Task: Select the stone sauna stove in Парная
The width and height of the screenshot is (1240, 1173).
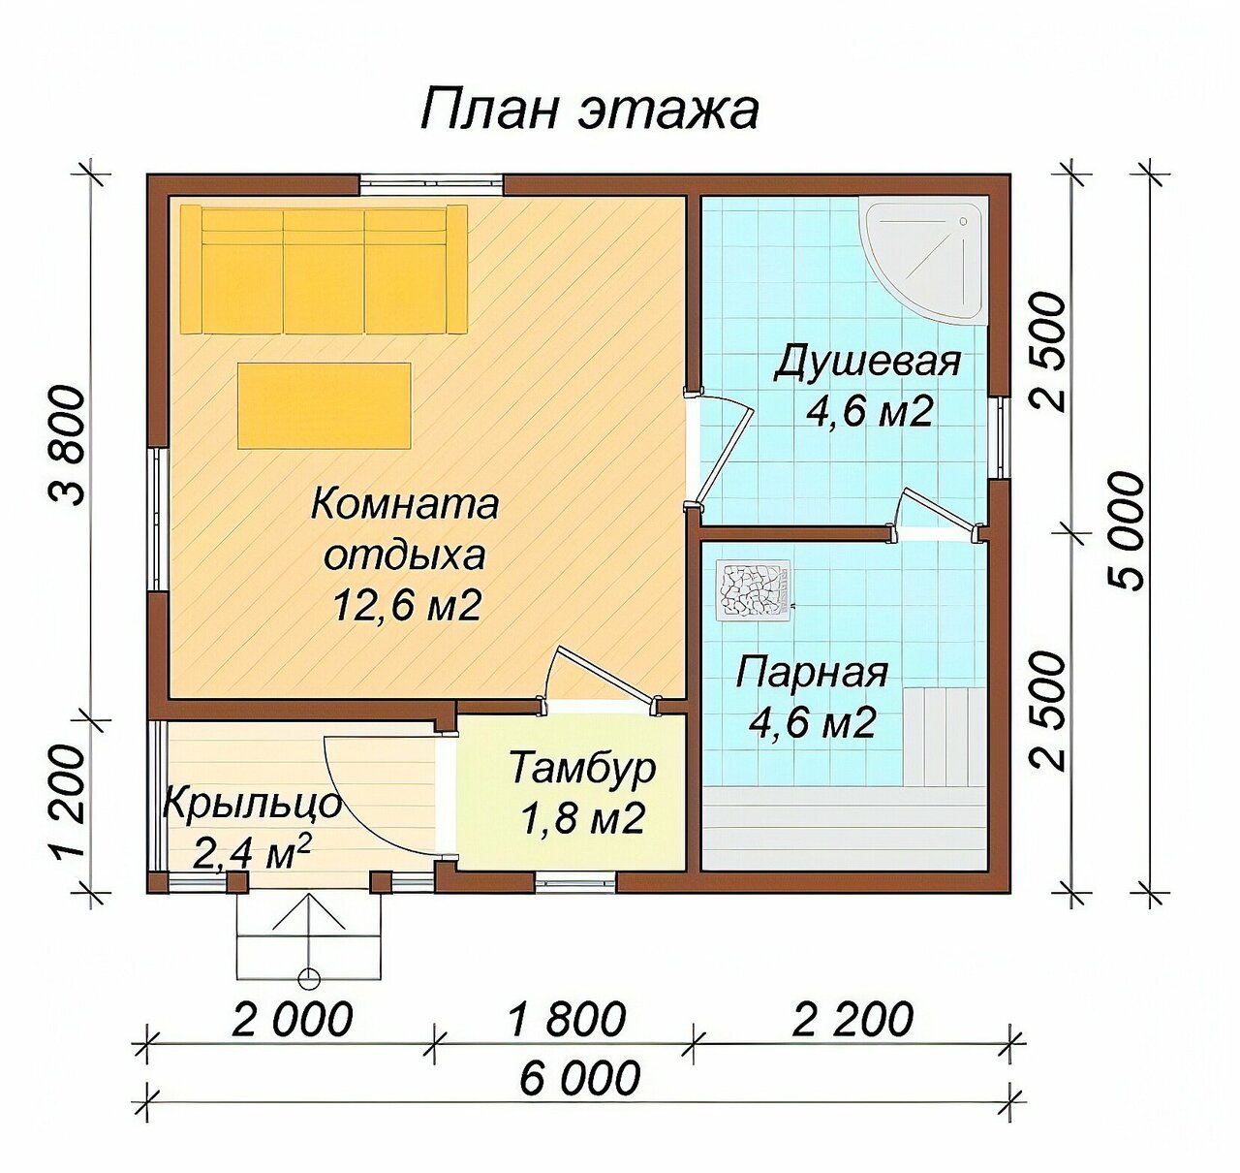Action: pos(754,589)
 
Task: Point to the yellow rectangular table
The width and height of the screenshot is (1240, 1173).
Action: pos(325,405)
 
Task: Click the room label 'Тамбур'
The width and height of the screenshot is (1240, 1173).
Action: pos(582,767)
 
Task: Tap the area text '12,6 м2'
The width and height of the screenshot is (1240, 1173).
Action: pos(407,605)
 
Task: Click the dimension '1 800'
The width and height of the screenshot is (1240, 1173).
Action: pos(567,1018)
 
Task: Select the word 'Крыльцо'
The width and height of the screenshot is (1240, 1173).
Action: pos(252,806)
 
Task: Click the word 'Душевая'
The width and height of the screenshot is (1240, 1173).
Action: pos(867,362)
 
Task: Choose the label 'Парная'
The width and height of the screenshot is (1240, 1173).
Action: pos(812,673)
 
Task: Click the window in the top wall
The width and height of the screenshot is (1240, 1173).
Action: pos(432,184)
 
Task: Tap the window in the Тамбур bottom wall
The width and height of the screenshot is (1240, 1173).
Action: pos(575,882)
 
